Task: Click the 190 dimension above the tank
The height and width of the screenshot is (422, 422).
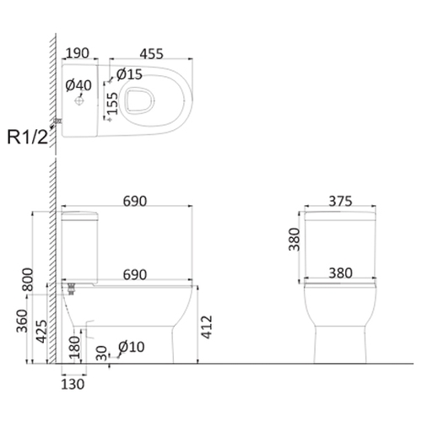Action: click(78, 53)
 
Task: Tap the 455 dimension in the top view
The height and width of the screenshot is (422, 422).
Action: click(151, 54)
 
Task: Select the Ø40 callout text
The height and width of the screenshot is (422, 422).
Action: click(78, 85)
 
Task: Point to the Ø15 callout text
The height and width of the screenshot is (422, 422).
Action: click(129, 74)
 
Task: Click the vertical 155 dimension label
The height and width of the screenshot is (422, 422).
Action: click(112, 104)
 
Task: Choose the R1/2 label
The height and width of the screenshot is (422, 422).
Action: click(28, 137)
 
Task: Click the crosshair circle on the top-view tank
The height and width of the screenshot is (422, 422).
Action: click(79, 100)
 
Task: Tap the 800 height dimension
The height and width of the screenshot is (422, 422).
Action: click(28, 279)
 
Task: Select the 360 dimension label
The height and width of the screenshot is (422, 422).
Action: click(22, 321)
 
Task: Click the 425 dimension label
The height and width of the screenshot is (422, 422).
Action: click(42, 331)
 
